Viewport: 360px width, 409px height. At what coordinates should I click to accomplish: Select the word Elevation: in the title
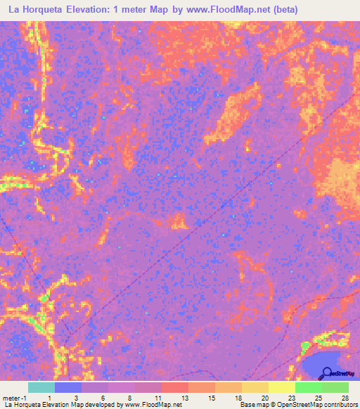click(x=100, y=10)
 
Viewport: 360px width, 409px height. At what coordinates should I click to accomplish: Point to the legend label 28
click(x=345, y=398)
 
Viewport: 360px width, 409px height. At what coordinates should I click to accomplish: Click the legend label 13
click(x=185, y=398)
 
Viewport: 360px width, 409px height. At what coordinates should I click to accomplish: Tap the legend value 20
click(x=264, y=398)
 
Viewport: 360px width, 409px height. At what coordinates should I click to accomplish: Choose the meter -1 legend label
click(x=13, y=398)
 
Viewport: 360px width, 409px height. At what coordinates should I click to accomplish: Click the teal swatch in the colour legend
click(x=41, y=387)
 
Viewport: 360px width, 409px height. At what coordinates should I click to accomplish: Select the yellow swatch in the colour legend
click(x=281, y=387)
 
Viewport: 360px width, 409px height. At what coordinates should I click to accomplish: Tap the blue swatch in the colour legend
click(x=67, y=387)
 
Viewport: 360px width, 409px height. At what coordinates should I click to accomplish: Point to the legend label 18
click(x=238, y=398)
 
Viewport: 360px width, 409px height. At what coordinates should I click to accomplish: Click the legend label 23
click(x=291, y=398)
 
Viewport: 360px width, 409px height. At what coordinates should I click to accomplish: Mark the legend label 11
click(x=158, y=398)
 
